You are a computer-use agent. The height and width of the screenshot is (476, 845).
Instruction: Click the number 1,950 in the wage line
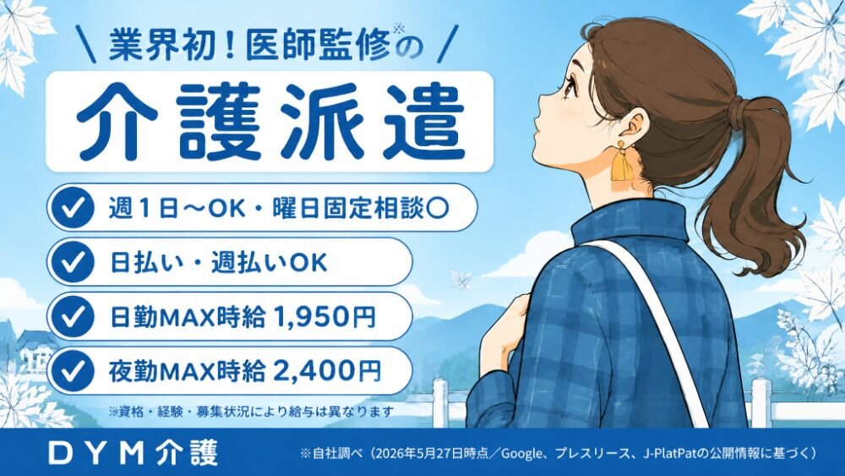point(308,317)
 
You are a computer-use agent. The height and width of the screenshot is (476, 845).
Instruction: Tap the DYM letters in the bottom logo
point(95,453)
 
